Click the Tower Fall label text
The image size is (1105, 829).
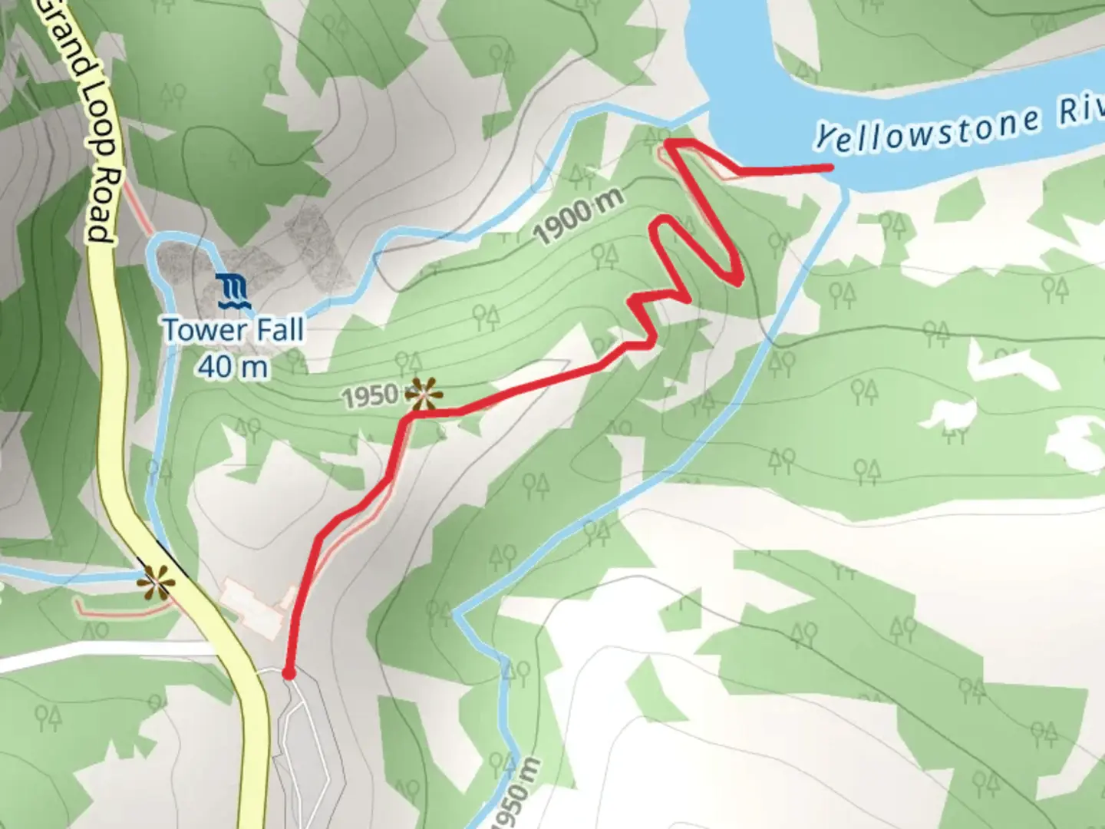(233, 330)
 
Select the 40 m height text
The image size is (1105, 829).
(233, 366)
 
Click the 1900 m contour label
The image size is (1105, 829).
(579, 217)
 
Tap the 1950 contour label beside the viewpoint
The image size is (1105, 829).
(369, 397)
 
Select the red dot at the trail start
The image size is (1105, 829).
(289, 673)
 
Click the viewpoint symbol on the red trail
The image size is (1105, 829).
(424, 395)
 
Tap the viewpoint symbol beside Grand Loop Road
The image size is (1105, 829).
(156, 583)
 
